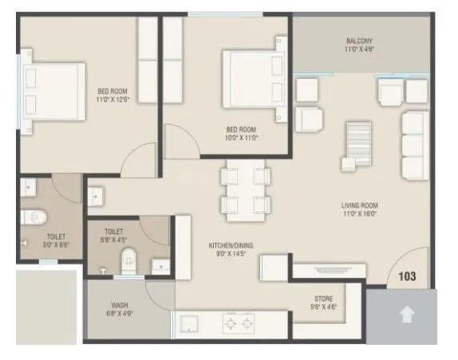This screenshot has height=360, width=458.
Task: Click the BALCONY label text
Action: tap(359, 41)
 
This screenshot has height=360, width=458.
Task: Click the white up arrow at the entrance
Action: tap(407, 316)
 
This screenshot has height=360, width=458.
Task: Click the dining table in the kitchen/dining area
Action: tap(244, 191)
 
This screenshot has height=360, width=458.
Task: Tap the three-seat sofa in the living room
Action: tap(413, 144)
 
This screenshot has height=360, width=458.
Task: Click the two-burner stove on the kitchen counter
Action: tap(239, 324)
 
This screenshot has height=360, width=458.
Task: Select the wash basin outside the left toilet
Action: tap(96, 195)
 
